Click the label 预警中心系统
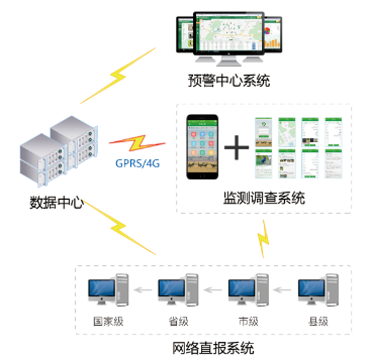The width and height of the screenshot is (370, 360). point(229,81)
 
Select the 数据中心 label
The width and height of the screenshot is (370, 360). point(56,203)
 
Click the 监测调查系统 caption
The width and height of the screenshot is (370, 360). point(263,198)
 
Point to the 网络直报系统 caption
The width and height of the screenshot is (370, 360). point(213,348)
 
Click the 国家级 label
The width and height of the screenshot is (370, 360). point(108,321)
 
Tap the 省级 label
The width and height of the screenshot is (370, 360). point(178,321)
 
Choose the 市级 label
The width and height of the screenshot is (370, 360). point(248,321)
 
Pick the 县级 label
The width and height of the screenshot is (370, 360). point(318,321)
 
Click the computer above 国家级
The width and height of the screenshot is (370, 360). point(108,290)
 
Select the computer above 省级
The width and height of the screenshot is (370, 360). point(178,290)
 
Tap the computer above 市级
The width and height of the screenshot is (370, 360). point(248,290)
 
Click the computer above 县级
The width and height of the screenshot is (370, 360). point(318,290)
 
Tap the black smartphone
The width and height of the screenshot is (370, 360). point(202,147)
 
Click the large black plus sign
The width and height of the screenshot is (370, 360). point(236,148)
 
